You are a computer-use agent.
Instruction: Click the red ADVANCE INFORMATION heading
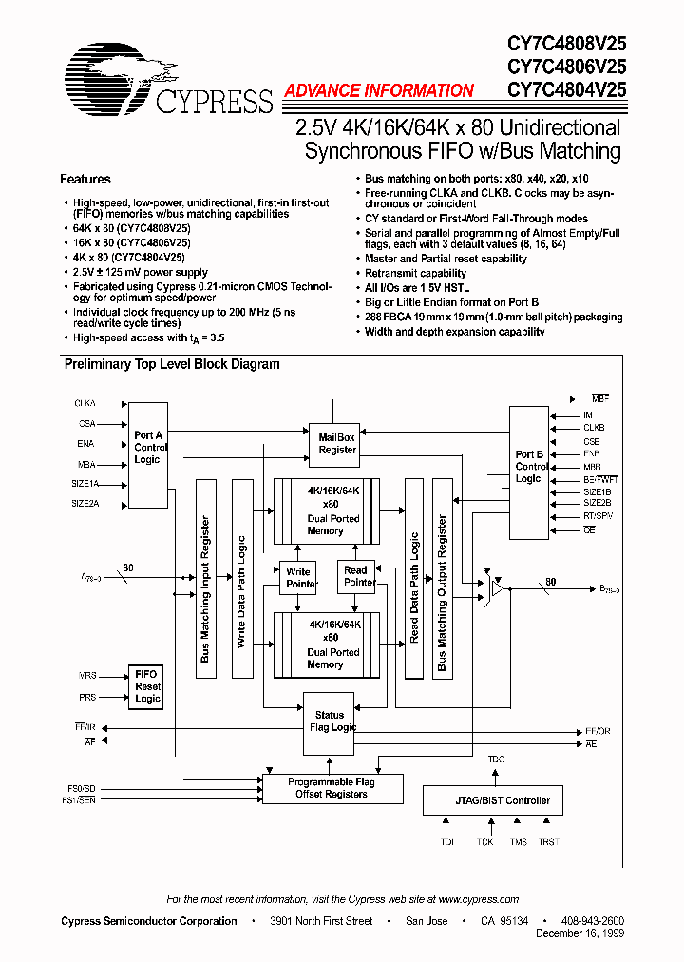click(378, 91)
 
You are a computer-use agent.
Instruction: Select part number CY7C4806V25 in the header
click(566, 67)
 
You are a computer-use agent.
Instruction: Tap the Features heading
click(85, 179)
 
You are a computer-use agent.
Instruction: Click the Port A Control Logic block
click(147, 447)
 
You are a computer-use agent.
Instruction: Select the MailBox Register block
click(337, 443)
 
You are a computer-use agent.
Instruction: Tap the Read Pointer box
click(356, 576)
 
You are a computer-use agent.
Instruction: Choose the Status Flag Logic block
click(330, 721)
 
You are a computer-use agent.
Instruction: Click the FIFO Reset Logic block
click(147, 686)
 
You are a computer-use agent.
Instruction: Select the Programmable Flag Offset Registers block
click(332, 788)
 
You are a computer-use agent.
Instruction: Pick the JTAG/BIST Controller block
click(492, 800)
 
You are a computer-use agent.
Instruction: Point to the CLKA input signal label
click(85, 404)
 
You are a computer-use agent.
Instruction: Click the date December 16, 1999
click(579, 934)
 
